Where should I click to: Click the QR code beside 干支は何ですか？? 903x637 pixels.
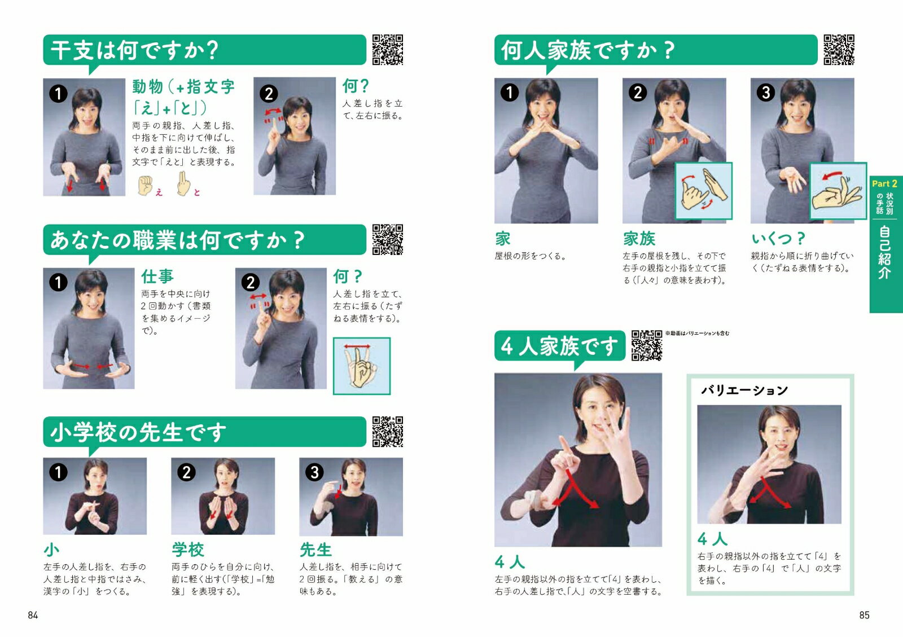(387, 50)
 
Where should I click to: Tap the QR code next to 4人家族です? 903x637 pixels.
(647, 345)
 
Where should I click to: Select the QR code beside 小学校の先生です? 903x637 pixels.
(387, 432)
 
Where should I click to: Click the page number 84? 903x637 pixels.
(33, 615)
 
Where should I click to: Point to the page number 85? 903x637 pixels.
(864, 615)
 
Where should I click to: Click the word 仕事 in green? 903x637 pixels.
(157, 276)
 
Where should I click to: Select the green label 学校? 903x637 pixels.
(188, 549)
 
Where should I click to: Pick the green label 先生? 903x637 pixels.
(315, 549)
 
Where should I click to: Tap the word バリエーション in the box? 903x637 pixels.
(744, 390)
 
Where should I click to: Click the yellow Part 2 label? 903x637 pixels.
(883, 184)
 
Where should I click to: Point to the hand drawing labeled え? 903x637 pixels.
(144, 186)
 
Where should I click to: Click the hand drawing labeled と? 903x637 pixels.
(183, 184)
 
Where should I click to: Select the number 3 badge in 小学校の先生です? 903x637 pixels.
(314, 472)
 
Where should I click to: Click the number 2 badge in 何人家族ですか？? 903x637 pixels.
(638, 93)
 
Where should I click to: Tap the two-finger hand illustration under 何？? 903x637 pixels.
(362, 366)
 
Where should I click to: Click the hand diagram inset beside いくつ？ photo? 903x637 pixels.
(838, 191)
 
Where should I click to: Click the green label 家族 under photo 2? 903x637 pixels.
(639, 239)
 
